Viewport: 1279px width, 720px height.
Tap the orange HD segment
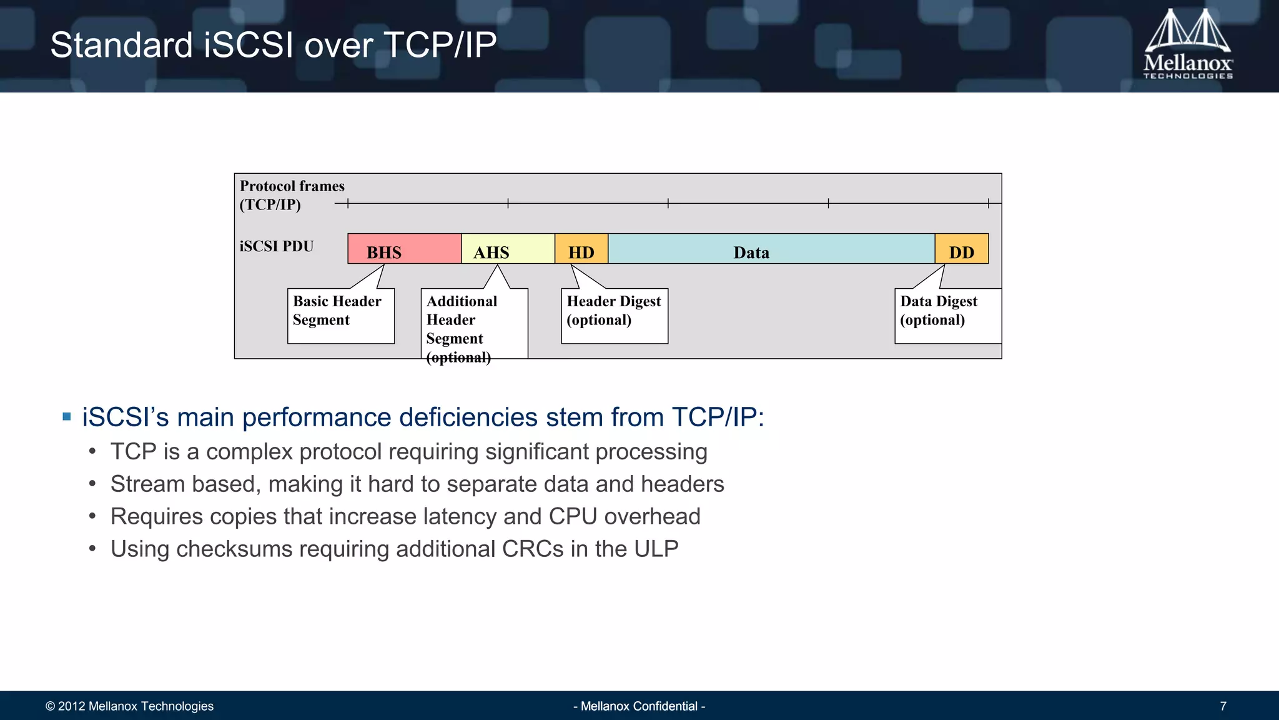[x=581, y=249]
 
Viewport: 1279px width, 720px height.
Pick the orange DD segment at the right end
[x=961, y=249]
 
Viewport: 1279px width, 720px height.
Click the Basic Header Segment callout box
[x=340, y=315]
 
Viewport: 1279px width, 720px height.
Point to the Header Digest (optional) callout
[x=614, y=315]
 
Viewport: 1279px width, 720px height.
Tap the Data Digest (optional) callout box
[x=947, y=315]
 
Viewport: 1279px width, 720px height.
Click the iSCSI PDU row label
[x=277, y=246]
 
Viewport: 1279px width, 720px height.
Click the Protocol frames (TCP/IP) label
[x=292, y=195]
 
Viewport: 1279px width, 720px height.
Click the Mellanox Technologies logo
[x=1187, y=45]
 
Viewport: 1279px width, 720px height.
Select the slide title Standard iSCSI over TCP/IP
[x=273, y=45]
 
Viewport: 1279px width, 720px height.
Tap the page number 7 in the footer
[x=1223, y=706]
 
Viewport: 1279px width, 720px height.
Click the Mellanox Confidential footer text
[x=639, y=706]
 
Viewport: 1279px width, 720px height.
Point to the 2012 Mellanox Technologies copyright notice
[x=129, y=706]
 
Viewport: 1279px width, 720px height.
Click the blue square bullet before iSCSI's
[x=67, y=417]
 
